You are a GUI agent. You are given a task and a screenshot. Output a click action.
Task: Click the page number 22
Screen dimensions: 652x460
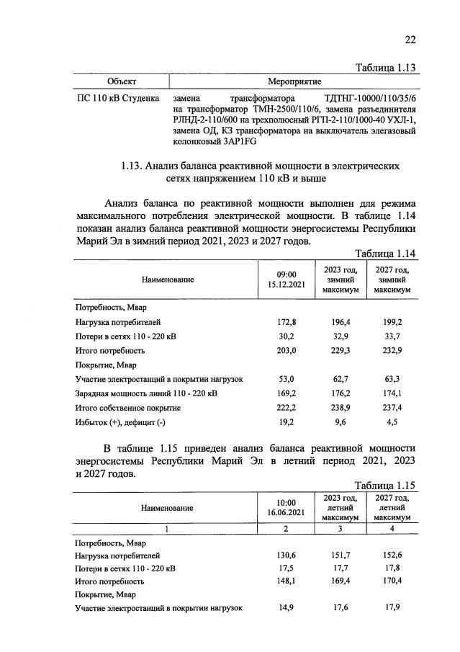coord(410,40)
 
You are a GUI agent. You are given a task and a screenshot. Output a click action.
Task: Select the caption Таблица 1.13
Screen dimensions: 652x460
coord(387,68)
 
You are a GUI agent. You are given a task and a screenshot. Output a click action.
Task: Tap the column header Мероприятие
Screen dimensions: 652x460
coord(294,81)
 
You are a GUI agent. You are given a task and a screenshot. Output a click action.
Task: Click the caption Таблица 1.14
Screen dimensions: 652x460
coord(387,254)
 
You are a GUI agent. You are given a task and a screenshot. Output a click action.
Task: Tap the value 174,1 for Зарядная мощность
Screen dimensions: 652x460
coord(392,393)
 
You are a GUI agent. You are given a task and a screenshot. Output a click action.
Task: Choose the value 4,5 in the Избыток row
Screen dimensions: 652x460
coord(392,423)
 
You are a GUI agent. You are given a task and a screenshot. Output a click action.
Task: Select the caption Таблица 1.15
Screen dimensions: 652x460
coord(387,486)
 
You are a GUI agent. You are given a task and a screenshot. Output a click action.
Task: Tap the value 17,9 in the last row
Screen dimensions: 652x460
coord(392,608)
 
